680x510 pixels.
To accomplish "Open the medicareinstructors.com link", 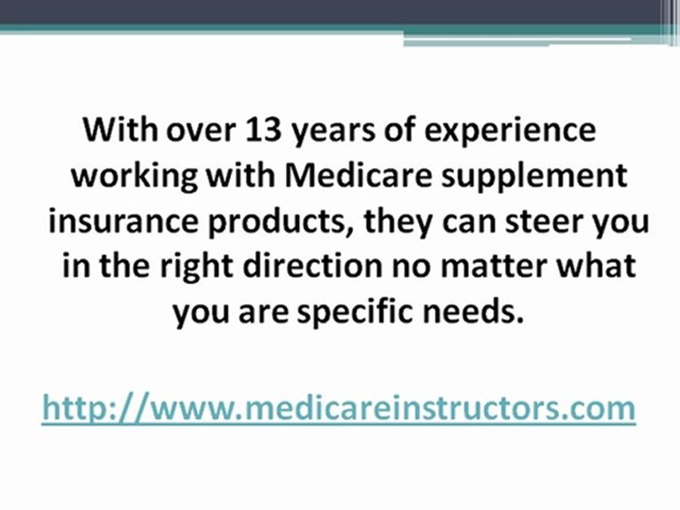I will pos(339,409).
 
